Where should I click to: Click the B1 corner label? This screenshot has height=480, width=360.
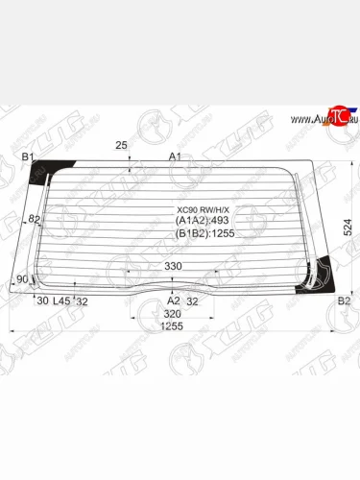tap(28, 156)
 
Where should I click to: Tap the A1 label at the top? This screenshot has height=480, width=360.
tap(175, 156)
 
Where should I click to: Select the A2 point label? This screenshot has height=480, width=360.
tap(174, 300)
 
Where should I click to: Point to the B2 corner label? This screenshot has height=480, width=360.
tap(344, 300)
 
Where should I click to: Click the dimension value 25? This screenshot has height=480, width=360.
tap(121, 145)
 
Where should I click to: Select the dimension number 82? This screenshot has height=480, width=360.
tap(34, 220)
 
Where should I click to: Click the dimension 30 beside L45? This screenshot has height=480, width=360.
tap(41, 300)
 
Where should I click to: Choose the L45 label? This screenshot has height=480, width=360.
tap(61, 300)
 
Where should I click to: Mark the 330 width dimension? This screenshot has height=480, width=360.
tap(173, 266)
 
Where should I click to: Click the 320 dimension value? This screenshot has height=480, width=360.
tap(173, 313)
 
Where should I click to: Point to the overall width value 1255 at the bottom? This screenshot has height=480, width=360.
tap(171, 327)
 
